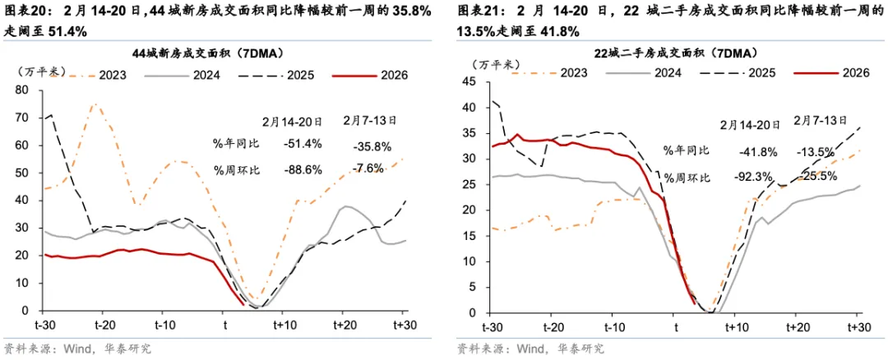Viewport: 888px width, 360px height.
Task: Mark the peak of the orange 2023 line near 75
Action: pyautogui.click(x=95, y=104)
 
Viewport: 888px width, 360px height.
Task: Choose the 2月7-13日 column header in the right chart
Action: pyautogui.click(x=821, y=120)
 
